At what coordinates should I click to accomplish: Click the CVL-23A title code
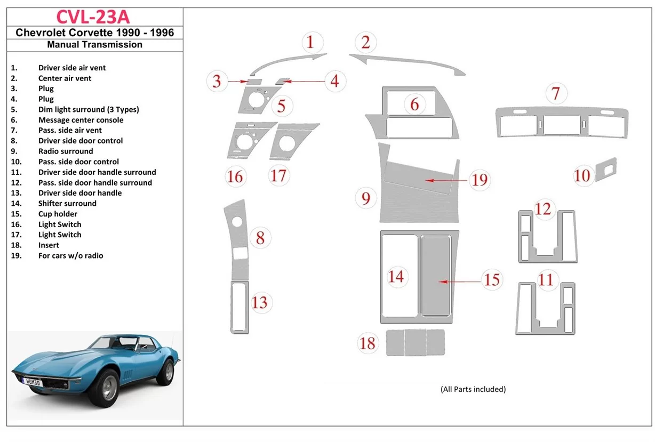tap(94, 17)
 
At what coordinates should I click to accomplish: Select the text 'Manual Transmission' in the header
tap(94, 45)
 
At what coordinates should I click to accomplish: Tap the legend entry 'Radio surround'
tap(66, 151)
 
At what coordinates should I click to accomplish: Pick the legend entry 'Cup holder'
tap(58, 214)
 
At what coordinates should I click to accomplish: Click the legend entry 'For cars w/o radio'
tap(70, 255)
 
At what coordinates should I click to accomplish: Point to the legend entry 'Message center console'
tap(81, 120)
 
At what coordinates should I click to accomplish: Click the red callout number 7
tap(556, 94)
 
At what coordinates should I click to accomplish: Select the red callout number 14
tap(396, 276)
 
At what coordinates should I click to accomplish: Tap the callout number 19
tap(480, 180)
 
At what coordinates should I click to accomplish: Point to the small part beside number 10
tap(606, 169)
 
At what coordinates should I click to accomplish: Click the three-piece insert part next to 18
tap(416, 342)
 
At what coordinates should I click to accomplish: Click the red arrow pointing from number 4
tap(304, 82)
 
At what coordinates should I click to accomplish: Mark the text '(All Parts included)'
tap(473, 389)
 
